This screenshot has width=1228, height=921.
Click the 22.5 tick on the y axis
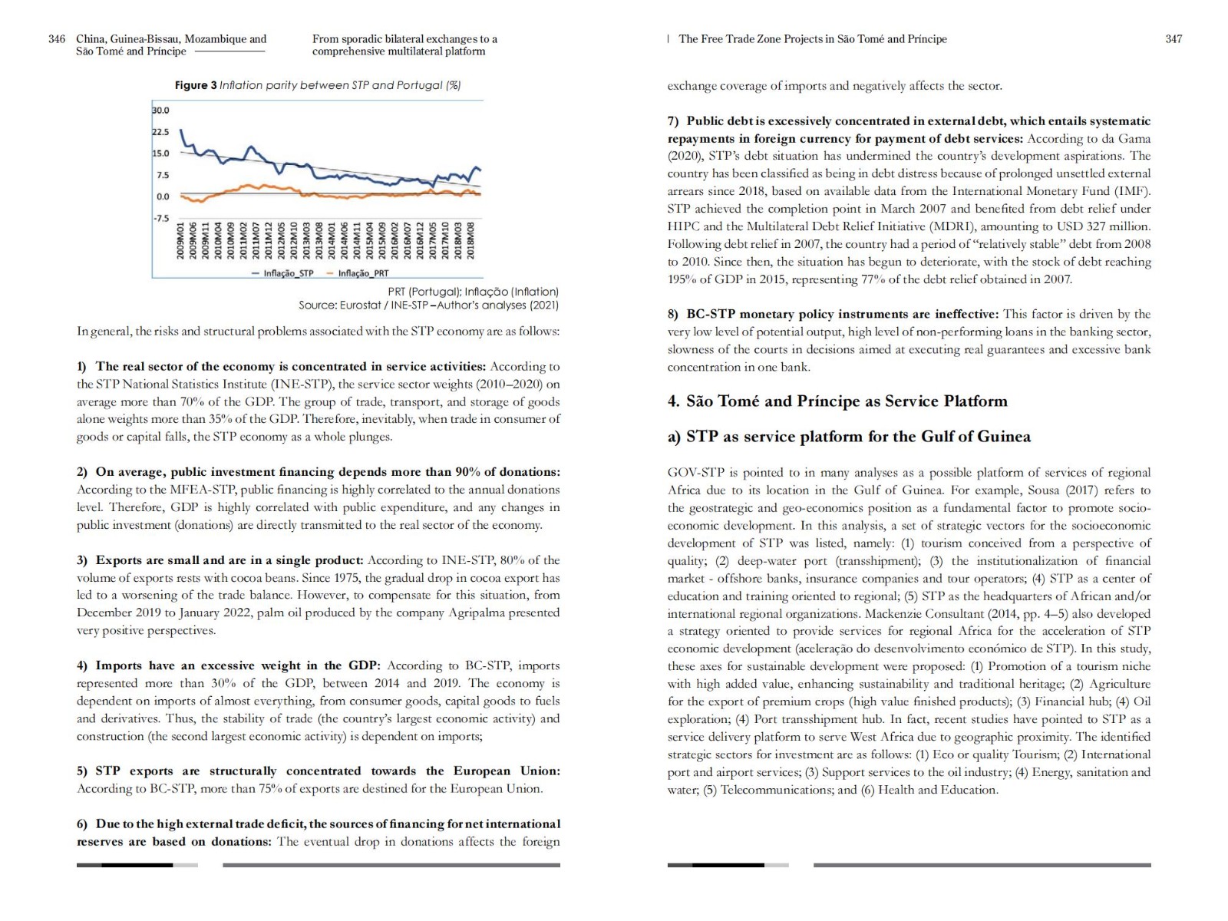pos(160,132)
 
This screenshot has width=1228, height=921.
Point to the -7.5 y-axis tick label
pos(160,219)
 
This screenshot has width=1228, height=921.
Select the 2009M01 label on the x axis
pos(181,240)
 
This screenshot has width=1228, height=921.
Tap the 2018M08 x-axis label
pos(471,240)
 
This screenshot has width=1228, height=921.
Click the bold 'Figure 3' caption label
pos(196,85)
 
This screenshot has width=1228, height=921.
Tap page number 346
pos(57,39)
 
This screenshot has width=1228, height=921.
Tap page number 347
pos(1174,39)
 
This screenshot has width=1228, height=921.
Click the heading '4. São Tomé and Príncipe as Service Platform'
pos(837,401)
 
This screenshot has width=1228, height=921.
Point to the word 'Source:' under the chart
pos(319,305)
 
